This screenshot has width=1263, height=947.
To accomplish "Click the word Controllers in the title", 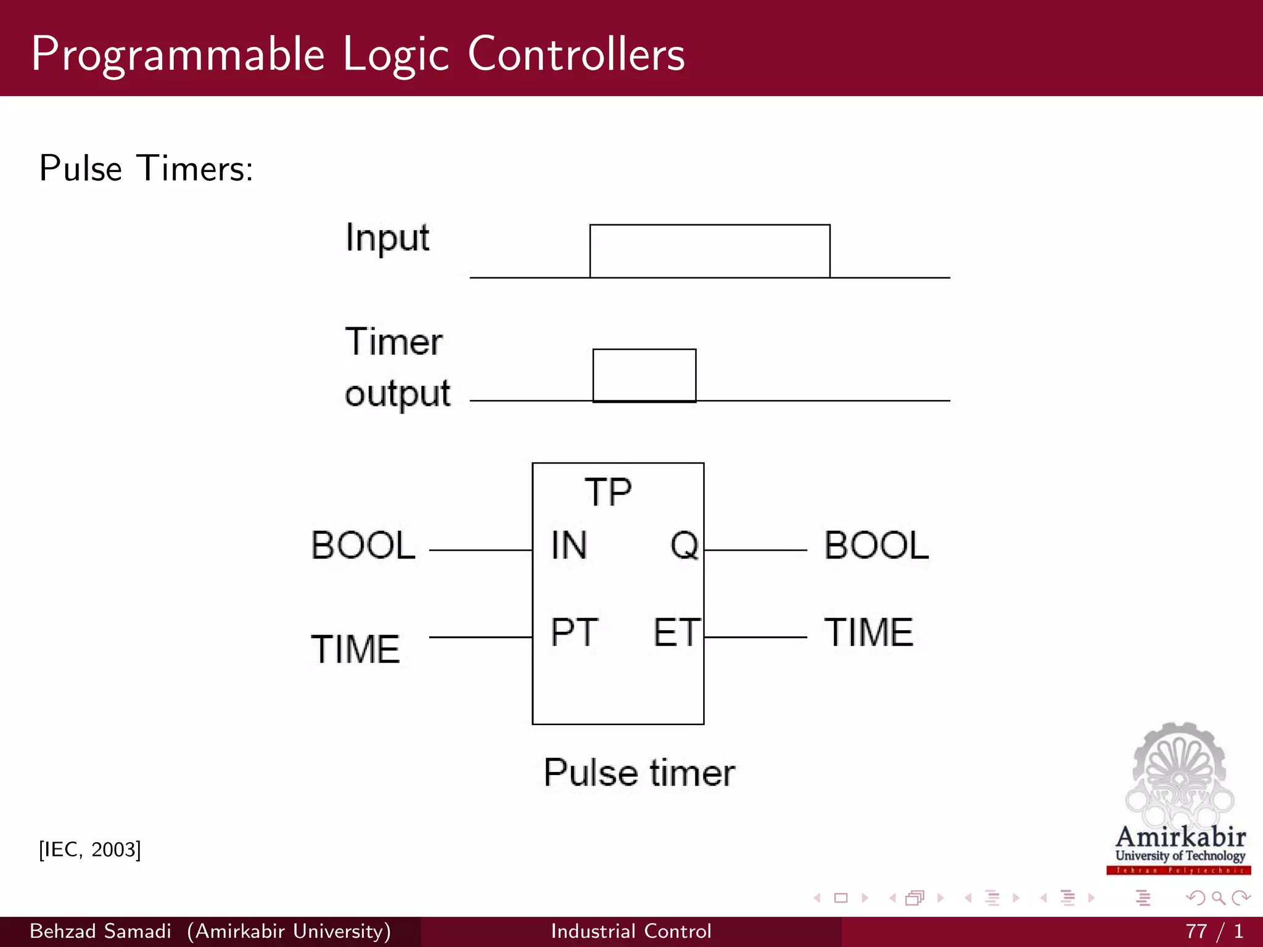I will [576, 54].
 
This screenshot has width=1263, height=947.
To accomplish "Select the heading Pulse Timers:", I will [146, 168].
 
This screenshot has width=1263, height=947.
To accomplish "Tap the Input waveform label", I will [387, 239].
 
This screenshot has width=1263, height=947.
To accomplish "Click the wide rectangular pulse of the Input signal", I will [709, 251].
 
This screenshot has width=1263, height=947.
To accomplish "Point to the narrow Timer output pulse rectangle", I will [644, 375].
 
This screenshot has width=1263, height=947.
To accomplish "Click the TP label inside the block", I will [608, 492].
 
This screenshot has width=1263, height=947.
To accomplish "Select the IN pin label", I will [569, 546].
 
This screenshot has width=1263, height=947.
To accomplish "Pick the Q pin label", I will [684, 546].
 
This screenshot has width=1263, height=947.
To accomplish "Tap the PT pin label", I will [574, 633].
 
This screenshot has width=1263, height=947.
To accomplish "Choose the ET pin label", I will [677, 633].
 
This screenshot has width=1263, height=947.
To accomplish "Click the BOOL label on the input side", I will [363, 546].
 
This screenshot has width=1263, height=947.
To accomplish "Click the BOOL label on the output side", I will [876, 546].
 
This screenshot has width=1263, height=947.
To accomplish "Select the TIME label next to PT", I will [355, 649].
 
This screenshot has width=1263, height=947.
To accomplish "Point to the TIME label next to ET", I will [868, 633].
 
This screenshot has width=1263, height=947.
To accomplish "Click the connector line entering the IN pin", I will [480, 549].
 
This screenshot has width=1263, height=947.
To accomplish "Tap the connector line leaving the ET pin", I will [755, 637].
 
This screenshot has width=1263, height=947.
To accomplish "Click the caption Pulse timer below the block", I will [639, 773].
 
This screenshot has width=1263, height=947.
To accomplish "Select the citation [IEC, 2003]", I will [90, 850].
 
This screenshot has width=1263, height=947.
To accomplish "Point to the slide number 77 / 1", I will [1214, 931].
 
